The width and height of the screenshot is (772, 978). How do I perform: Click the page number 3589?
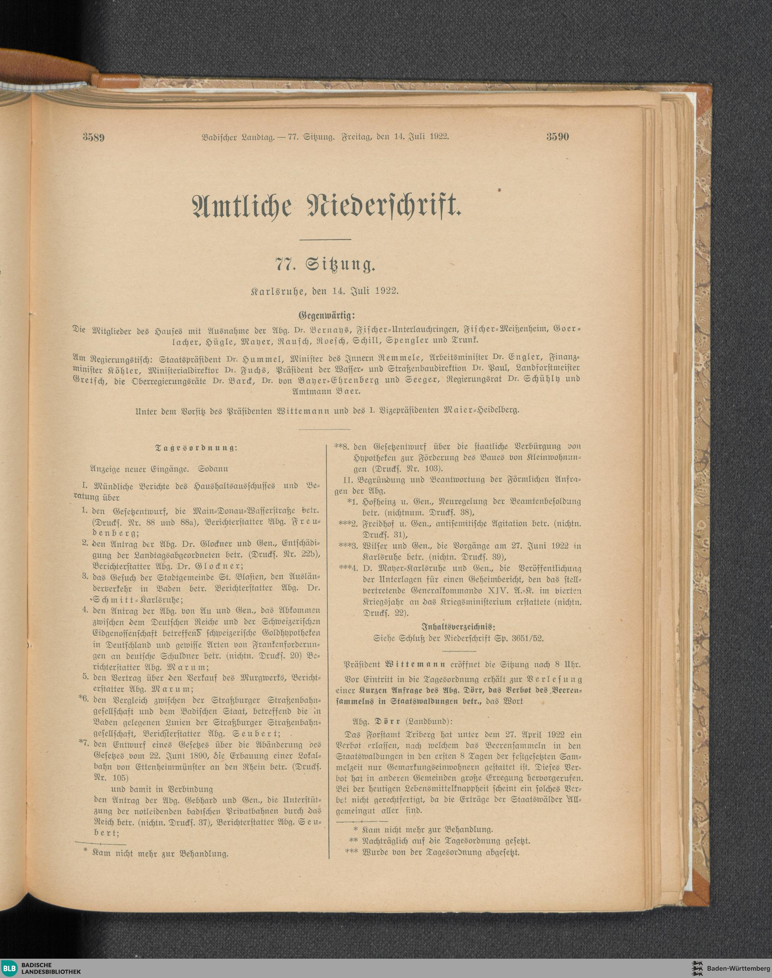coord(93,137)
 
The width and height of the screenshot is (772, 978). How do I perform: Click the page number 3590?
coord(557,137)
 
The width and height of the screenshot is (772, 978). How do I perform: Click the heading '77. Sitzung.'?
coord(325,265)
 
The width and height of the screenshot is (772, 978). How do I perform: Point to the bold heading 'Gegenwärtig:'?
coord(325,315)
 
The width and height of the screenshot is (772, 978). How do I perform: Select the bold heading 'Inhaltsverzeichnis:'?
coord(458,627)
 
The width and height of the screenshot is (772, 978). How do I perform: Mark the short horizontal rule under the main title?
coord(325,239)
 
